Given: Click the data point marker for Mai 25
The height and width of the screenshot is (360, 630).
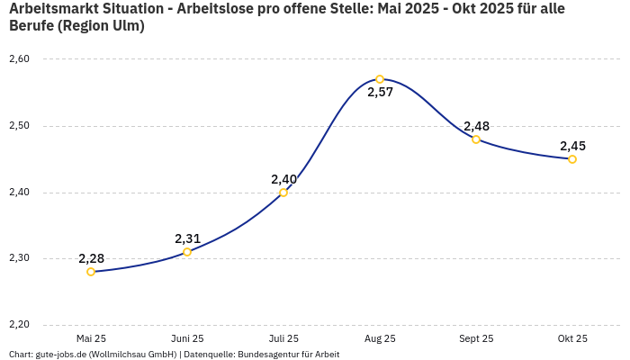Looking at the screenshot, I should pyautogui.click(x=91, y=272).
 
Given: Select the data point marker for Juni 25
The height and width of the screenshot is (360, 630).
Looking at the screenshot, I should pyautogui.click(x=187, y=252).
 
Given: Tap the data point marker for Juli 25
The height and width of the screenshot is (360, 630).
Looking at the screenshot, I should pyautogui.click(x=283, y=193).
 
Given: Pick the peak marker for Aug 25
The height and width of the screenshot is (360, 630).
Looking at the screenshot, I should pyautogui.click(x=380, y=79).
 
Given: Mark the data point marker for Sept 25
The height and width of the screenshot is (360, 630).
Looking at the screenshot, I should pyautogui.click(x=476, y=139).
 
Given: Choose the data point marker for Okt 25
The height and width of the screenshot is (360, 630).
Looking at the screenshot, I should pyautogui.click(x=572, y=159).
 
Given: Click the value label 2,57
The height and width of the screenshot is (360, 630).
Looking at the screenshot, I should pyautogui.click(x=380, y=93).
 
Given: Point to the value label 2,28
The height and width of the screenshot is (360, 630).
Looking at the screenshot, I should pyautogui.click(x=91, y=258).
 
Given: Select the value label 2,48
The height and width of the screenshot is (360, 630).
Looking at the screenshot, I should pyautogui.click(x=476, y=126).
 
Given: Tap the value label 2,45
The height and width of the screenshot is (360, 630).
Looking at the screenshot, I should pyautogui.click(x=572, y=146).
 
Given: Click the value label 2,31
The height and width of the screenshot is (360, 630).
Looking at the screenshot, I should pyautogui.click(x=187, y=238).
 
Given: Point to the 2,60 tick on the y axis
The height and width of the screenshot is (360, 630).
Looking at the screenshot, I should pyautogui.click(x=19, y=59).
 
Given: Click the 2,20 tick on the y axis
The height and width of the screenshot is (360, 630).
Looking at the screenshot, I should pyautogui.click(x=19, y=325).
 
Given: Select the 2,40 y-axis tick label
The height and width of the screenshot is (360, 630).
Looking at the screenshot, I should pyautogui.click(x=19, y=193).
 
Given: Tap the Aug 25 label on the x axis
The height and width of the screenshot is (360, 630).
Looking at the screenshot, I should pyautogui.click(x=380, y=339).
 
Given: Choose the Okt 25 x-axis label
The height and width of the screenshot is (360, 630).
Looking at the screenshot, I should pyautogui.click(x=572, y=339).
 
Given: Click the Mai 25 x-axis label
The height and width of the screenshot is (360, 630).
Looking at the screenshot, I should pyautogui.click(x=91, y=339).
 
